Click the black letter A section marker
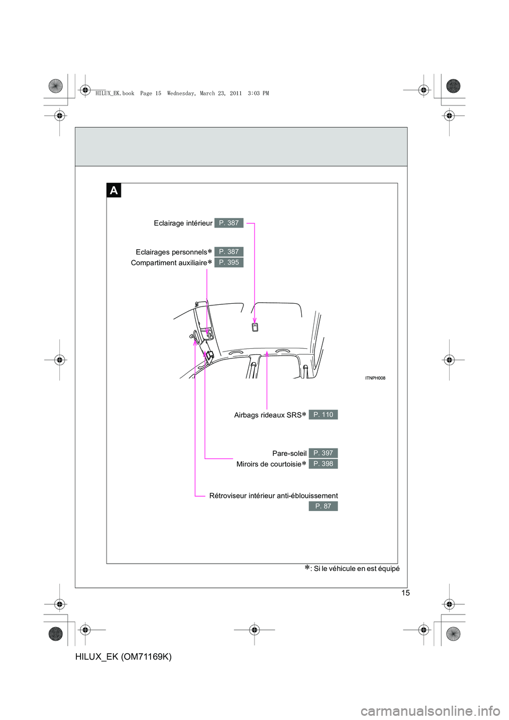point(113,190)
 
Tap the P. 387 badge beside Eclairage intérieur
point(229,223)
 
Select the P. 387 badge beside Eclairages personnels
point(229,252)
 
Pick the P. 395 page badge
point(229,262)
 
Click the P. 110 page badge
point(323,415)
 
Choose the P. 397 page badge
point(323,453)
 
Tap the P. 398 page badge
point(323,464)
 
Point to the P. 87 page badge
point(323,506)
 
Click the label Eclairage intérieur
point(183,223)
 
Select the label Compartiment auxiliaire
point(169,263)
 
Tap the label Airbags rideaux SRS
point(268,415)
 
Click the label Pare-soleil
point(289,453)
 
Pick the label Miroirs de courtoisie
point(269,464)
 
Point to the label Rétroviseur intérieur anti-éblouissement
point(274,496)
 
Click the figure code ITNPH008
point(375,378)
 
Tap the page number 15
point(406,593)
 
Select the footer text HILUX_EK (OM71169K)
point(124,656)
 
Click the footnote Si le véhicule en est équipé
point(356,569)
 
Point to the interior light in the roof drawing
point(255,327)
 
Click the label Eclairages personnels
point(171,252)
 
